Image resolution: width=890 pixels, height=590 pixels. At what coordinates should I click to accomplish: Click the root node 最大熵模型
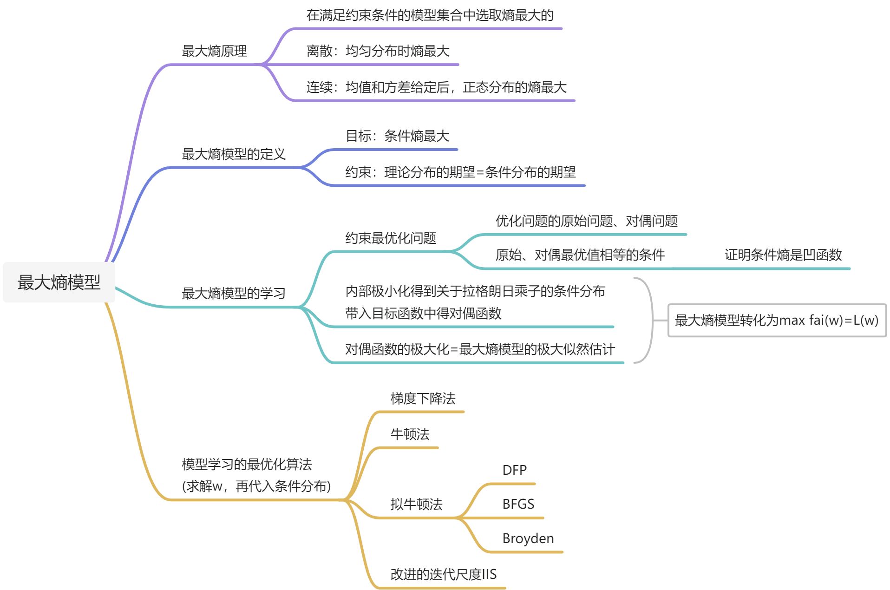pyautogui.click(x=59, y=282)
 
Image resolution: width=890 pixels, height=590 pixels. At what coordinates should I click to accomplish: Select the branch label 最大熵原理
pyautogui.click(x=214, y=51)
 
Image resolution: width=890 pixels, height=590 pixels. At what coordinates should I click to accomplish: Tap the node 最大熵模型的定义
pyautogui.click(x=233, y=154)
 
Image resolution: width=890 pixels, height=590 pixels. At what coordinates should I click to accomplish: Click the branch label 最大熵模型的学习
pyautogui.click(x=233, y=294)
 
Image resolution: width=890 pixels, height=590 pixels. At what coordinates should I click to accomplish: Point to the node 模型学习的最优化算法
pyautogui.click(x=247, y=465)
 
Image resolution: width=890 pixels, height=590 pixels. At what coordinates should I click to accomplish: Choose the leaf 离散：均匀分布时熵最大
pyautogui.click(x=378, y=51)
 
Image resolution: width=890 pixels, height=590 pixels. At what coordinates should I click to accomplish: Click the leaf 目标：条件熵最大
pyautogui.click(x=397, y=136)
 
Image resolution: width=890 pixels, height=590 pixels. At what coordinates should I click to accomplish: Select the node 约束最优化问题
pyautogui.click(x=390, y=238)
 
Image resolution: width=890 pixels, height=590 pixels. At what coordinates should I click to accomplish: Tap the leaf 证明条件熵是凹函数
pyautogui.click(x=783, y=255)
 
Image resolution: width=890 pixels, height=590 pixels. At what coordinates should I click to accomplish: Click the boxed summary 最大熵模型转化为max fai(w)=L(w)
pyautogui.click(x=776, y=321)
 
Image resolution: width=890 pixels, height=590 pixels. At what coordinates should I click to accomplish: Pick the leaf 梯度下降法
pyautogui.click(x=423, y=399)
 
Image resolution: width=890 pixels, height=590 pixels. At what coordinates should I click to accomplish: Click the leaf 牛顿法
pyautogui.click(x=410, y=434)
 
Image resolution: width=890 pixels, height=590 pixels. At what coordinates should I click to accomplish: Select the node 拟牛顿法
pyautogui.click(x=416, y=505)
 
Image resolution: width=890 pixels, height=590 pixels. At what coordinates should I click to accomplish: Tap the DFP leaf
pyautogui.click(x=514, y=470)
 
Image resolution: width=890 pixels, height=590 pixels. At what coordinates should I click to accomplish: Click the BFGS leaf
pyautogui.click(x=518, y=504)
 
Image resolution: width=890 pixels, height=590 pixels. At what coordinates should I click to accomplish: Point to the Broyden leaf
pyautogui.click(x=528, y=538)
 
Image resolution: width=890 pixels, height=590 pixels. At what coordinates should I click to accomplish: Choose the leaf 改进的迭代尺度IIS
pyautogui.click(x=443, y=575)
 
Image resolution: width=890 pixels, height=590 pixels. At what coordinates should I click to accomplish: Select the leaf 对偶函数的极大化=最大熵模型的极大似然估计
pyautogui.click(x=480, y=349)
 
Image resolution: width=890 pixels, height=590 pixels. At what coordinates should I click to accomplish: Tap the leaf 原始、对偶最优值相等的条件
pyautogui.click(x=580, y=255)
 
